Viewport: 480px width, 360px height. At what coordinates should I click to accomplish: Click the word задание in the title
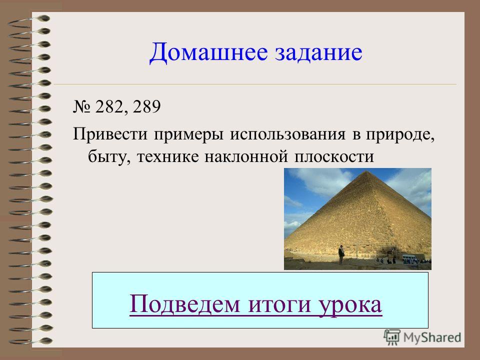pos(318,52)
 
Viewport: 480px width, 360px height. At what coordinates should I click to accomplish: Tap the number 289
pos(146,106)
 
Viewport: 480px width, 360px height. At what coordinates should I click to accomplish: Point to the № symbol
pos(81,107)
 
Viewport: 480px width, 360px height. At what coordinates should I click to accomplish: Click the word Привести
pos(110,134)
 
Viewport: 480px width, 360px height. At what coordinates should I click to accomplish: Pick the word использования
pos(288,134)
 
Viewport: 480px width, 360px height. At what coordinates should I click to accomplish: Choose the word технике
pos(168,157)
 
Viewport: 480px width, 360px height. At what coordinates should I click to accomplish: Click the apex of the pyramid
pos(366,171)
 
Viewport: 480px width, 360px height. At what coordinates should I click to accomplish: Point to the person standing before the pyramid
pos(341,254)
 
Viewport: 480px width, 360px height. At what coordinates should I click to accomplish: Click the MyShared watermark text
pos(432,337)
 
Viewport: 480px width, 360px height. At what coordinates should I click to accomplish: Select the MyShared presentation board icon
pos(392,337)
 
